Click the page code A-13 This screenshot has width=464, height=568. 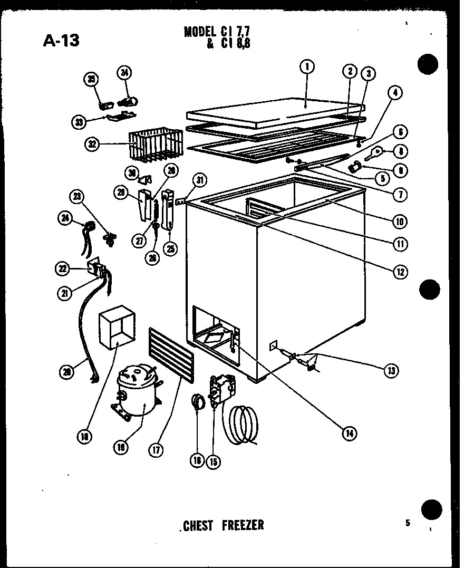(61, 39)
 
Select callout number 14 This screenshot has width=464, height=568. (349, 433)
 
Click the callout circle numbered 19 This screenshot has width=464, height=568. (121, 447)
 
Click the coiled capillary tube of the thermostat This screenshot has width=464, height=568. (243, 422)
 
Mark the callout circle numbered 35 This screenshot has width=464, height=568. (92, 80)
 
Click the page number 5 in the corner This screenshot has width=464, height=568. (408, 523)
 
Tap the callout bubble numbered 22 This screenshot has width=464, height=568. (64, 269)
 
